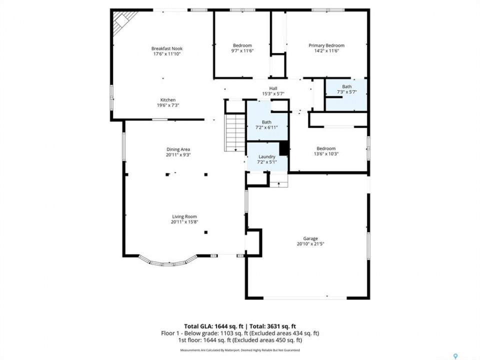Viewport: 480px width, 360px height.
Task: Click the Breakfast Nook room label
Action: [167, 48]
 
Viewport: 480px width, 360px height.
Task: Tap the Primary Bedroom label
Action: [326, 45]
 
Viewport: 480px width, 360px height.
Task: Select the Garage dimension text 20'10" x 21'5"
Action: [310, 244]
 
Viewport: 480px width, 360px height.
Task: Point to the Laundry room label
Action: [267, 156]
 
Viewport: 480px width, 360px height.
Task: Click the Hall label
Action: [273, 88]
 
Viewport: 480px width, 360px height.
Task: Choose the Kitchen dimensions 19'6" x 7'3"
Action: [168, 105]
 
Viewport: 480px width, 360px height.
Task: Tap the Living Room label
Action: [184, 216]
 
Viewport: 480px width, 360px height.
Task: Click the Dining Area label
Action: [178, 149]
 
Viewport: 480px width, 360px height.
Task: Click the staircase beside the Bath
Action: [235, 133]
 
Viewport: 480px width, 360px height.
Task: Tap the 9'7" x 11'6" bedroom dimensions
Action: [242, 51]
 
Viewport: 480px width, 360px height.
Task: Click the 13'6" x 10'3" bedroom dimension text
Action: [326, 154]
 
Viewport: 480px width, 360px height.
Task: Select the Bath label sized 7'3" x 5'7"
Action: [347, 86]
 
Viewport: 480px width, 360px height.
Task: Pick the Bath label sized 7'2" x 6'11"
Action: [266, 122]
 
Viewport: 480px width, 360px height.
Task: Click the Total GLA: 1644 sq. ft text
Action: [215, 326]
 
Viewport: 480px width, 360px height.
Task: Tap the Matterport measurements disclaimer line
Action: [240, 350]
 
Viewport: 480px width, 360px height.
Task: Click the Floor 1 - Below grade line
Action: [240, 333]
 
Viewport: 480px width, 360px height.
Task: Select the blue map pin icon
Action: [455, 356]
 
